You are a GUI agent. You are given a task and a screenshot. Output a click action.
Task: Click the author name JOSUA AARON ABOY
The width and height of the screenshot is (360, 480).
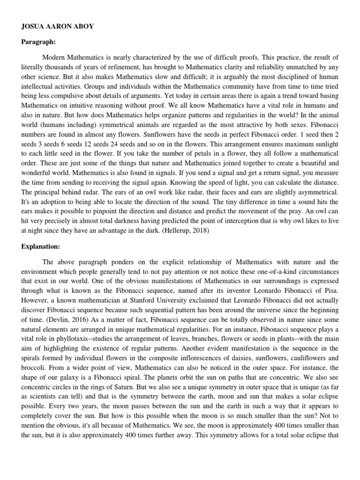pyautogui.click(x=57, y=27)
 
